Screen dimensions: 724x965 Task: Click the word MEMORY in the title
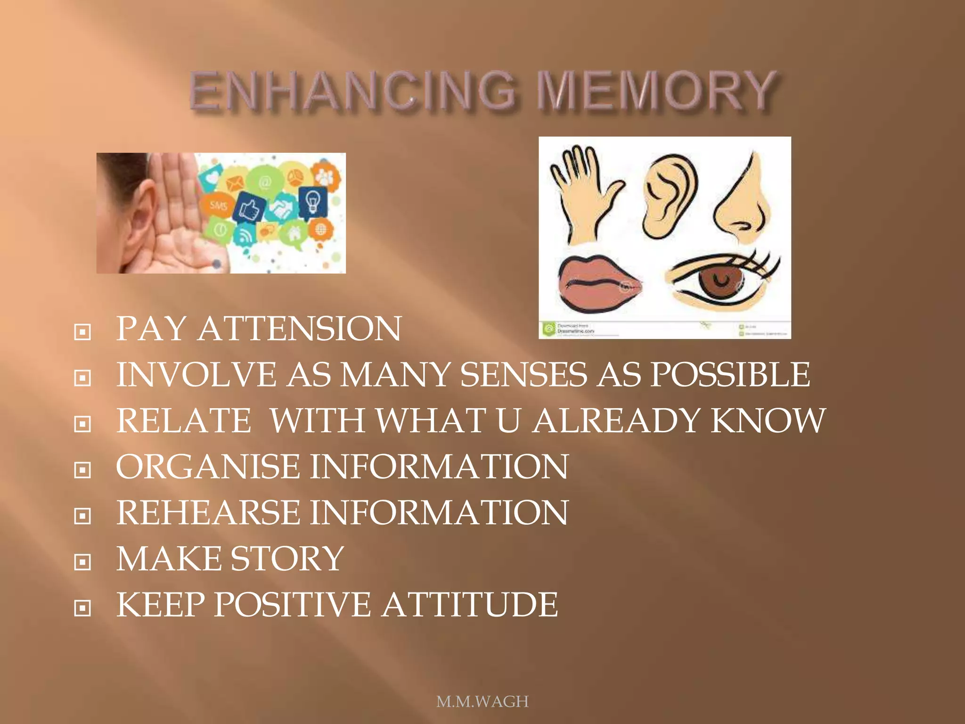click(x=657, y=90)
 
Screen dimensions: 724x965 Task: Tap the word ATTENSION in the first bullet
click(x=300, y=329)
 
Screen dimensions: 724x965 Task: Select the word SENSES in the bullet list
click(x=523, y=375)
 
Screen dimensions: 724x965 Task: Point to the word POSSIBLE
click(x=730, y=375)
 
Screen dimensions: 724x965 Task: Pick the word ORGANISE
click(x=208, y=467)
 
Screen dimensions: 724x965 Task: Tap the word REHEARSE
click(x=208, y=512)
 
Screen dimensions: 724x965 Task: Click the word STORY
click(x=287, y=559)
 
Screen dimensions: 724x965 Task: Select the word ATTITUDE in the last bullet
click(x=470, y=605)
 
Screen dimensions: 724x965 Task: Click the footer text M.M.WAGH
click(x=482, y=702)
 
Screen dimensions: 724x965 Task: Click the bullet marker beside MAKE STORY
click(x=82, y=562)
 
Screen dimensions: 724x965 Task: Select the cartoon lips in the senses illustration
click(x=598, y=283)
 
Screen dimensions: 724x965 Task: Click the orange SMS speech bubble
click(x=218, y=205)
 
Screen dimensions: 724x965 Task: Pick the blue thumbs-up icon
click(x=250, y=208)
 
